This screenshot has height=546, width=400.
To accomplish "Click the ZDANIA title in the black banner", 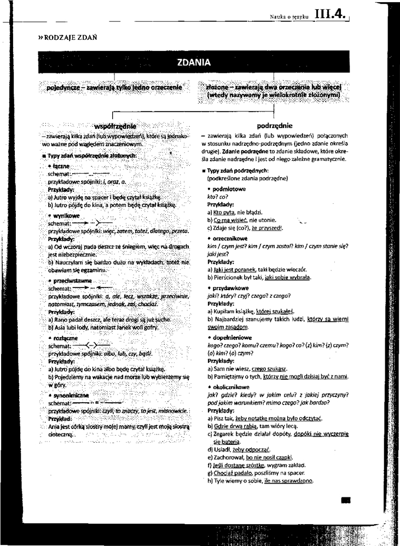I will click(194, 62).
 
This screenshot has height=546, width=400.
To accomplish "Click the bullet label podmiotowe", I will click(230, 189).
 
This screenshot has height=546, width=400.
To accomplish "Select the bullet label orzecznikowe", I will click(231, 239).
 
